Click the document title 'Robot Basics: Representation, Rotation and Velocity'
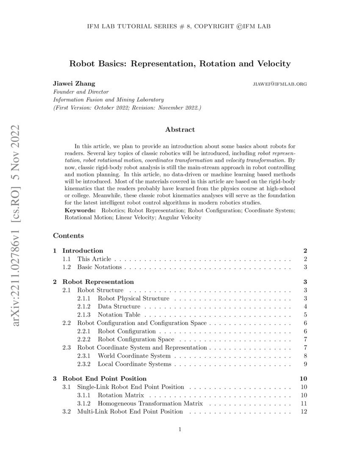180,64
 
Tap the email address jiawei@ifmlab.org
279,84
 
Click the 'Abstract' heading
180,130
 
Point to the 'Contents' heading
68,236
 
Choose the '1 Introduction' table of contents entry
83,250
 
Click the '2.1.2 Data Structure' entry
119,306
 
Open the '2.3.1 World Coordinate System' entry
134,356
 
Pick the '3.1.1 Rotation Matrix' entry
121,395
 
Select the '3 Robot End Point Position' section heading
104,378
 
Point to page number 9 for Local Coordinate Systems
305,364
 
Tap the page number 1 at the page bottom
180,430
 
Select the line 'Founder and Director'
80,92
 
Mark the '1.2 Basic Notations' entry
99,267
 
